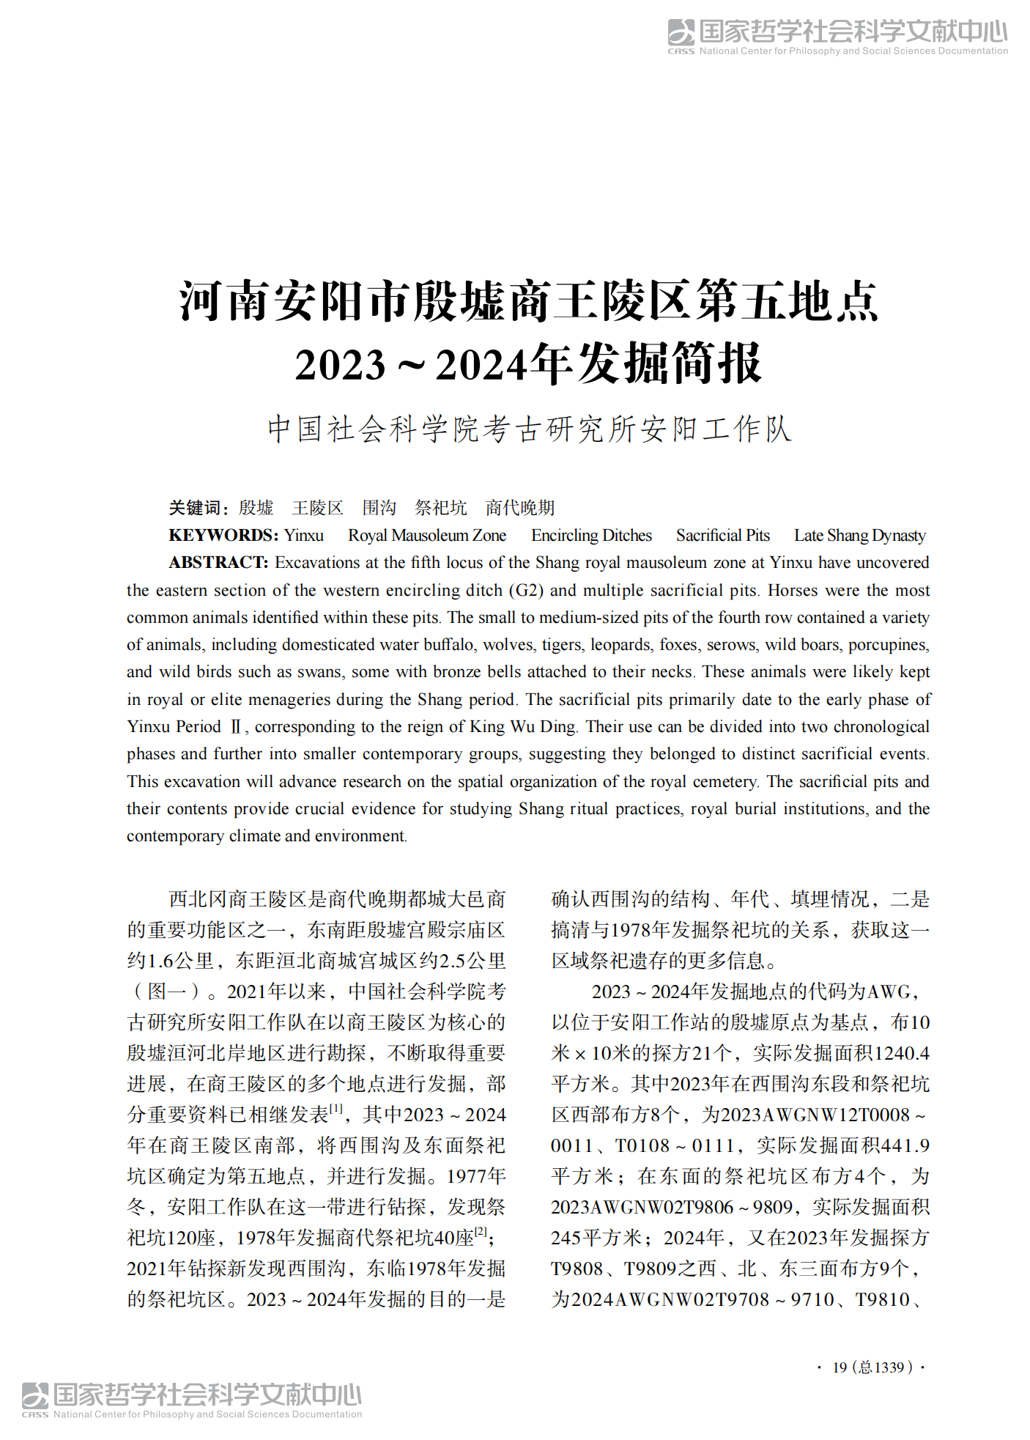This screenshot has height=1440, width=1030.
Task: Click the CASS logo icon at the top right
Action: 681,32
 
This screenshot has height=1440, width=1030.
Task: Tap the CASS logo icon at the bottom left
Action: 35,1395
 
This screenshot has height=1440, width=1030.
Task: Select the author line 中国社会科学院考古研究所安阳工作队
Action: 529,429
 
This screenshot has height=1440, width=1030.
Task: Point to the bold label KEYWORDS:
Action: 223,536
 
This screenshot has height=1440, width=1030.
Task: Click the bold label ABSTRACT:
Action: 219,563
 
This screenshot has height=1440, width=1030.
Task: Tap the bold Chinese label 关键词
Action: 194,508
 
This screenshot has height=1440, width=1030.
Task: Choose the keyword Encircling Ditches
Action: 591,536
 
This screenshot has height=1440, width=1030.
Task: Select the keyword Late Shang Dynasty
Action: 859,536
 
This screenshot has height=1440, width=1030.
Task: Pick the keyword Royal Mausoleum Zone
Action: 427,536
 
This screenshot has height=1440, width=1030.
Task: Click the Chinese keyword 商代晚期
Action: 520,508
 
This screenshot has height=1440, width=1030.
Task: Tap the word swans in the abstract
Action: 321,672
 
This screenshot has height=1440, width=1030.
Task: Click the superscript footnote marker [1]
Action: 336,1109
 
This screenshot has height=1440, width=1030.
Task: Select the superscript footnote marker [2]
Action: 481,1232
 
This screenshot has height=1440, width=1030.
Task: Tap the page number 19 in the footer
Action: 840,1367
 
